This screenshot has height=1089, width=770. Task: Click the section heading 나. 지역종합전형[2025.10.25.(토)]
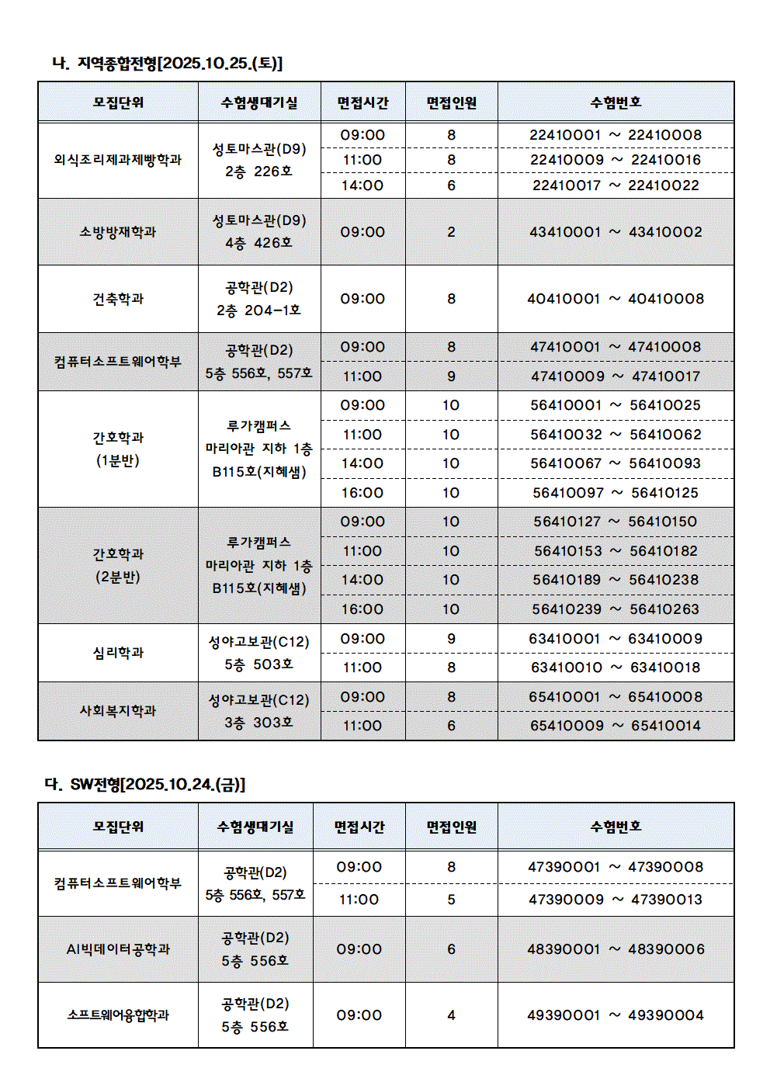pos(167,63)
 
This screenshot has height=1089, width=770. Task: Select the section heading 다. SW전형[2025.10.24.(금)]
pos(145,784)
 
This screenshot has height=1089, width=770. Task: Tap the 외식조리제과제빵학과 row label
pos(118,160)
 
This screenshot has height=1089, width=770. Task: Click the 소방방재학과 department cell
pos(118,232)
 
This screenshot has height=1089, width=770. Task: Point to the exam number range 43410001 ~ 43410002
pos(616,232)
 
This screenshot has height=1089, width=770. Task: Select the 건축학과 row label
pos(118,299)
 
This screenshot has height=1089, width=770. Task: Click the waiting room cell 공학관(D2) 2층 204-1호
pos(259,299)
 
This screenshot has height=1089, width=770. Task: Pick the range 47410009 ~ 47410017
pos(616,376)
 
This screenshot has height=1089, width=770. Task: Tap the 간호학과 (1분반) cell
pos(118,449)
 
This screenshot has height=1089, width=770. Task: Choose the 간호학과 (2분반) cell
pos(118,565)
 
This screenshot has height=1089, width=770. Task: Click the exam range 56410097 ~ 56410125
pos(616,493)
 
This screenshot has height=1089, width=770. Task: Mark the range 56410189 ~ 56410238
pos(616,580)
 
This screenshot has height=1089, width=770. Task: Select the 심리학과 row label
pos(118,653)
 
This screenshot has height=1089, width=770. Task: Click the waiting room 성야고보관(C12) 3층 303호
pos(259,711)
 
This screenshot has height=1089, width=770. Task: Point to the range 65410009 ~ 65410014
pos(616,726)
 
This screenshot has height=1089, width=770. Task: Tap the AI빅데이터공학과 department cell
pos(118,949)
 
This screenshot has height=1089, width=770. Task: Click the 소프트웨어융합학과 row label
pos(118,1015)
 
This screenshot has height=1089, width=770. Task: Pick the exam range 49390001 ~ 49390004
pos(616,1015)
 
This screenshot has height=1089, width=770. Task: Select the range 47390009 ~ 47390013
pos(616,900)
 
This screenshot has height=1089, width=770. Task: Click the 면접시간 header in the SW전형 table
pos(359,827)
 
